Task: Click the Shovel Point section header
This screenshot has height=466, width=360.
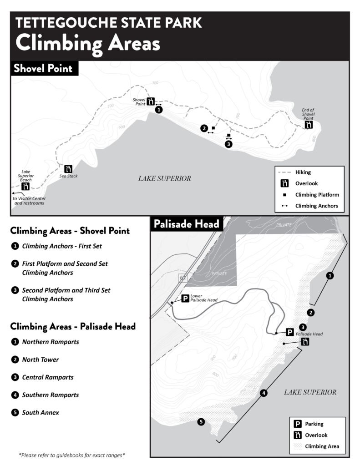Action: tap(43, 69)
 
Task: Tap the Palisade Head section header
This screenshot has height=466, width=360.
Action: tap(187, 224)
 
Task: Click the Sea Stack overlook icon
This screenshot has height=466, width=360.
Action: tap(69, 169)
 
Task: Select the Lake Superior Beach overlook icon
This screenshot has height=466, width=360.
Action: tap(26, 187)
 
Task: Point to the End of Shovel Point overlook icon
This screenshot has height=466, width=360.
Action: tap(309, 124)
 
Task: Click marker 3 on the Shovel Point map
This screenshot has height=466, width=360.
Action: tap(228, 144)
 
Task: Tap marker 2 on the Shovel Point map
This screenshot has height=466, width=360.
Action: tap(204, 128)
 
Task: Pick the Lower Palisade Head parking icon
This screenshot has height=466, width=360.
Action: tap(185, 299)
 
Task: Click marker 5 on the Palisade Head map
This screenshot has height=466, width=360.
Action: tap(201, 422)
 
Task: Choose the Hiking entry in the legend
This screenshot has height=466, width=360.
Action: tap(303, 172)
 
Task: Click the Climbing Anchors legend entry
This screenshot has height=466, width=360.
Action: tap(317, 206)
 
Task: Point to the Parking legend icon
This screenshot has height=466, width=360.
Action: tap(299, 424)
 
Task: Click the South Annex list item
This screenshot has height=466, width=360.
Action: tap(41, 413)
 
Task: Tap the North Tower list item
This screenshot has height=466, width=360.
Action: tap(41, 360)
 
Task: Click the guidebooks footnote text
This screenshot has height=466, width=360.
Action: tap(72, 455)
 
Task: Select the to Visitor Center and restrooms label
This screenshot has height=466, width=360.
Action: tap(29, 201)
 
